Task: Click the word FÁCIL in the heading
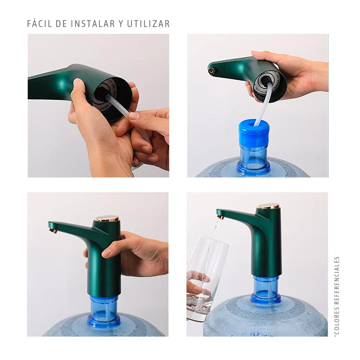tap(40, 24)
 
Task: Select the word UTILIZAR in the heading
tap(149, 24)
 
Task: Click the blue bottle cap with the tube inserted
tap(254, 131)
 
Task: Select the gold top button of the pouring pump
tap(268, 206)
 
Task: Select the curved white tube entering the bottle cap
tap(264, 104)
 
